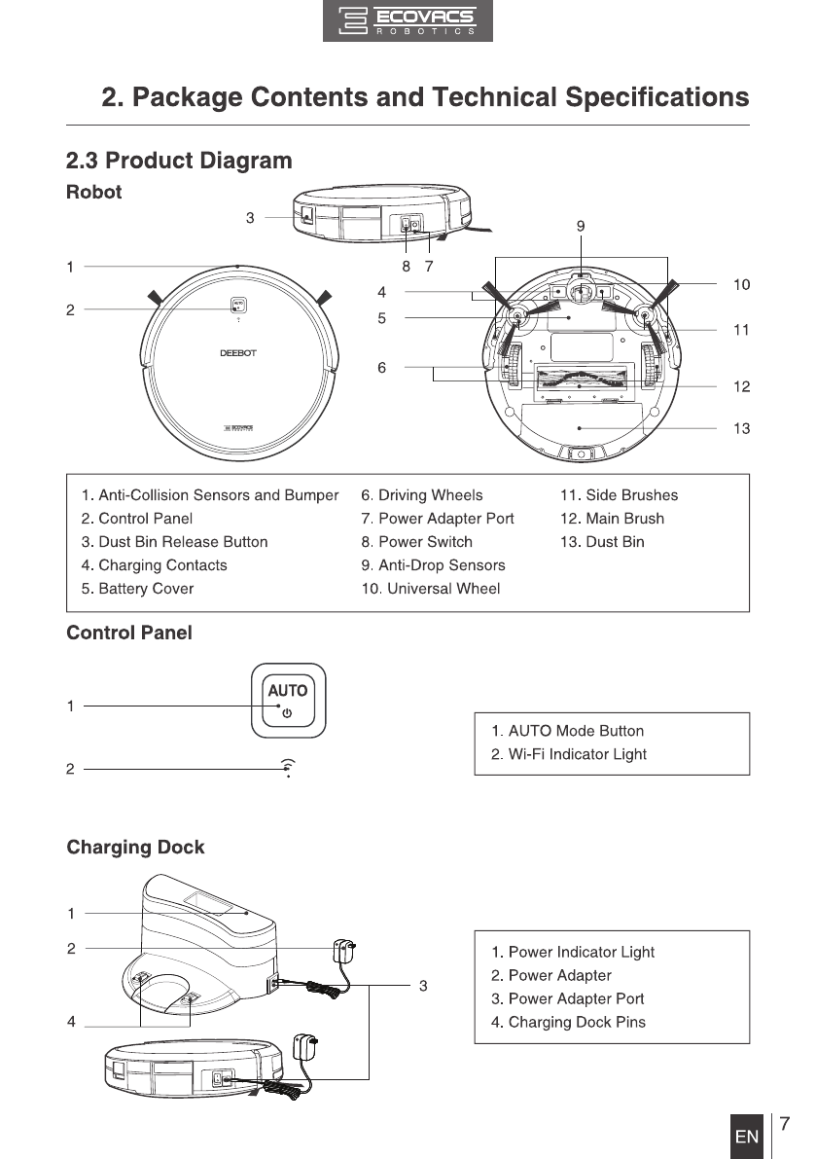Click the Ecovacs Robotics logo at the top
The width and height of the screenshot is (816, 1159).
[408, 20]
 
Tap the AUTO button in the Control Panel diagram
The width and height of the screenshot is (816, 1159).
[288, 701]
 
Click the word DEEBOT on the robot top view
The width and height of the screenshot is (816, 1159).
[237, 353]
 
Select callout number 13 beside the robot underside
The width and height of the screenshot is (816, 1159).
[741, 429]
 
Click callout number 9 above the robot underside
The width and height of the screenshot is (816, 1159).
[581, 226]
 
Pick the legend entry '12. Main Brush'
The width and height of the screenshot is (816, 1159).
[612, 519]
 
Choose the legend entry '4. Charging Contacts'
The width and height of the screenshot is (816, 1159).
[155, 565]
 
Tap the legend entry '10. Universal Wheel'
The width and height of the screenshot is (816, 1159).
[431, 589]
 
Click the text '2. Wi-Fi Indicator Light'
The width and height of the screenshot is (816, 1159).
[569, 755]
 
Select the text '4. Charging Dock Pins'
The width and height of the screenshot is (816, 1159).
[569, 1022]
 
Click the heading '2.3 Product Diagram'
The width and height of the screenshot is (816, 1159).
[180, 161]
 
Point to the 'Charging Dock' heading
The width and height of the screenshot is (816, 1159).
[136, 847]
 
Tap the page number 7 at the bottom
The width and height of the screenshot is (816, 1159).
[784, 1124]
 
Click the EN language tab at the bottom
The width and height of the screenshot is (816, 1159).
[747, 1136]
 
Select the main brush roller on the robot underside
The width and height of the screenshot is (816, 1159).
[580, 379]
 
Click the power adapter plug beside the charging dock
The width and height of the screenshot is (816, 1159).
[344, 951]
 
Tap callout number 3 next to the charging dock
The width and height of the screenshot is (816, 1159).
[423, 986]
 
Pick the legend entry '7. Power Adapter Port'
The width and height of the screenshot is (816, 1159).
[437, 519]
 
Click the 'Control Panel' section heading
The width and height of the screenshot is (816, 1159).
[129, 633]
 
